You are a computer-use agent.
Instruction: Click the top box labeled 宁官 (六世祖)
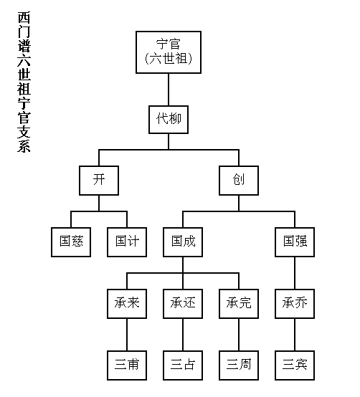click(x=169, y=52)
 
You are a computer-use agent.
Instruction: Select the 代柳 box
click(x=169, y=120)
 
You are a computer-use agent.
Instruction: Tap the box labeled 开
click(x=99, y=181)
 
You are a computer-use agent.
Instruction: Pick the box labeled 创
click(x=239, y=181)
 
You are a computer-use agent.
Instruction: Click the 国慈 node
click(x=71, y=242)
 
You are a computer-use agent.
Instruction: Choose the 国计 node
click(x=127, y=242)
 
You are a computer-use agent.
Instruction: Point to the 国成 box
click(x=183, y=242)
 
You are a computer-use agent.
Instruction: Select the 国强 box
click(x=295, y=242)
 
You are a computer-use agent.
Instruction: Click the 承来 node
click(x=127, y=304)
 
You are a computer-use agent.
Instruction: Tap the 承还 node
click(x=183, y=304)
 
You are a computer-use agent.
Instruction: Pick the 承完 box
click(x=239, y=304)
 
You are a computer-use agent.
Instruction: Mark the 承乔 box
click(x=295, y=304)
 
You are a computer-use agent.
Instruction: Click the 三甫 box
click(x=127, y=365)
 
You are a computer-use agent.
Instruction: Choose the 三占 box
click(x=183, y=365)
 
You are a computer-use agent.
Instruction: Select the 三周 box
click(x=239, y=365)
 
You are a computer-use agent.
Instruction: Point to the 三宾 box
click(x=295, y=365)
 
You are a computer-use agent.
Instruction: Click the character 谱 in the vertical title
click(x=24, y=46)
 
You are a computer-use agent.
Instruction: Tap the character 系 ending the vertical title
click(x=24, y=145)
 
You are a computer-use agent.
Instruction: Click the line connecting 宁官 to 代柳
click(x=169, y=90)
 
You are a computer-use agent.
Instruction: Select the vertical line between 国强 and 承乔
click(x=295, y=273)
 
